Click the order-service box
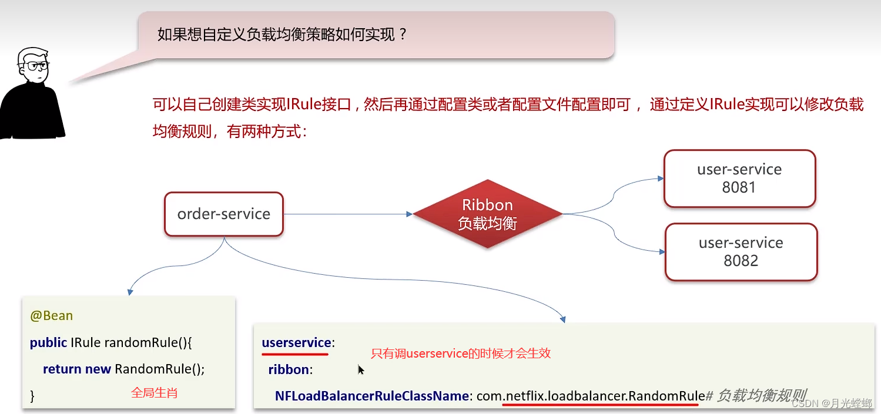point(224,214)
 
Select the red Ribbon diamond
point(487,214)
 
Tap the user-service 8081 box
point(739,179)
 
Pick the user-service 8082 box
point(741,252)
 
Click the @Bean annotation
point(52,316)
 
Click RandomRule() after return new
point(160,369)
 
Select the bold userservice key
point(296,342)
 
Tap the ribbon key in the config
point(289,369)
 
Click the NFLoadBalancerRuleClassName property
point(371,396)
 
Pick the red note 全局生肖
point(154,392)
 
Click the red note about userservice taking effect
point(461,354)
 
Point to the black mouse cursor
point(361,370)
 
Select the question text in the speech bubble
point(282,35)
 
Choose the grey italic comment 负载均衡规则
point(761,395)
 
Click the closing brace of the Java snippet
point(33,396)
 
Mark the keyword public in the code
point(48,342)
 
